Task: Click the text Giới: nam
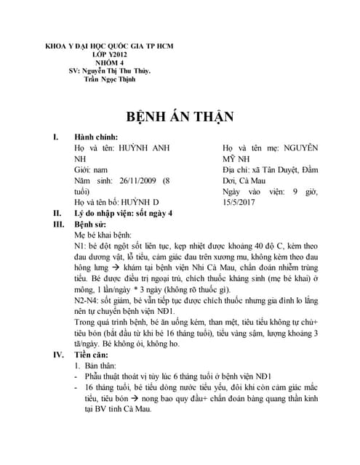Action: tap(94, 169)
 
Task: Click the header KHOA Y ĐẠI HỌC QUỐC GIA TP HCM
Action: tap(110, 46)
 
